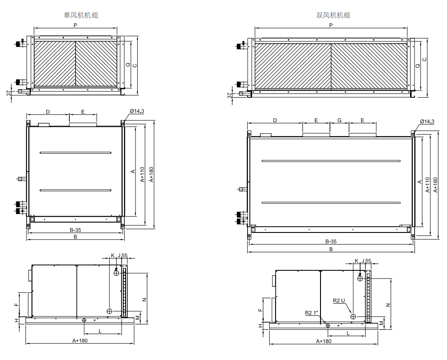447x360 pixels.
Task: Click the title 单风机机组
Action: [x=81, y=15]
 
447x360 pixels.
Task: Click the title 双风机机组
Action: [x=333, y=15]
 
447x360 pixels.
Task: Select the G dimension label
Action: [x=339, y=120]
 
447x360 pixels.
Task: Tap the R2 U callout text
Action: [x=339, y=301]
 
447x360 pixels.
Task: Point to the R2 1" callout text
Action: [x=312, y=313]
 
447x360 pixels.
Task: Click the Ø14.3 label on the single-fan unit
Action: [x=137, y=111]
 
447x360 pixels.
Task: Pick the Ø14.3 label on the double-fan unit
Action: [x=427, y=122]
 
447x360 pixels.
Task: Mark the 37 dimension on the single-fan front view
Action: [x=9, y=93]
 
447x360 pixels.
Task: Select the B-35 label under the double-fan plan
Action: [x=331, y=242]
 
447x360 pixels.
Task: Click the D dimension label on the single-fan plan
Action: [x=48, y=112]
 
